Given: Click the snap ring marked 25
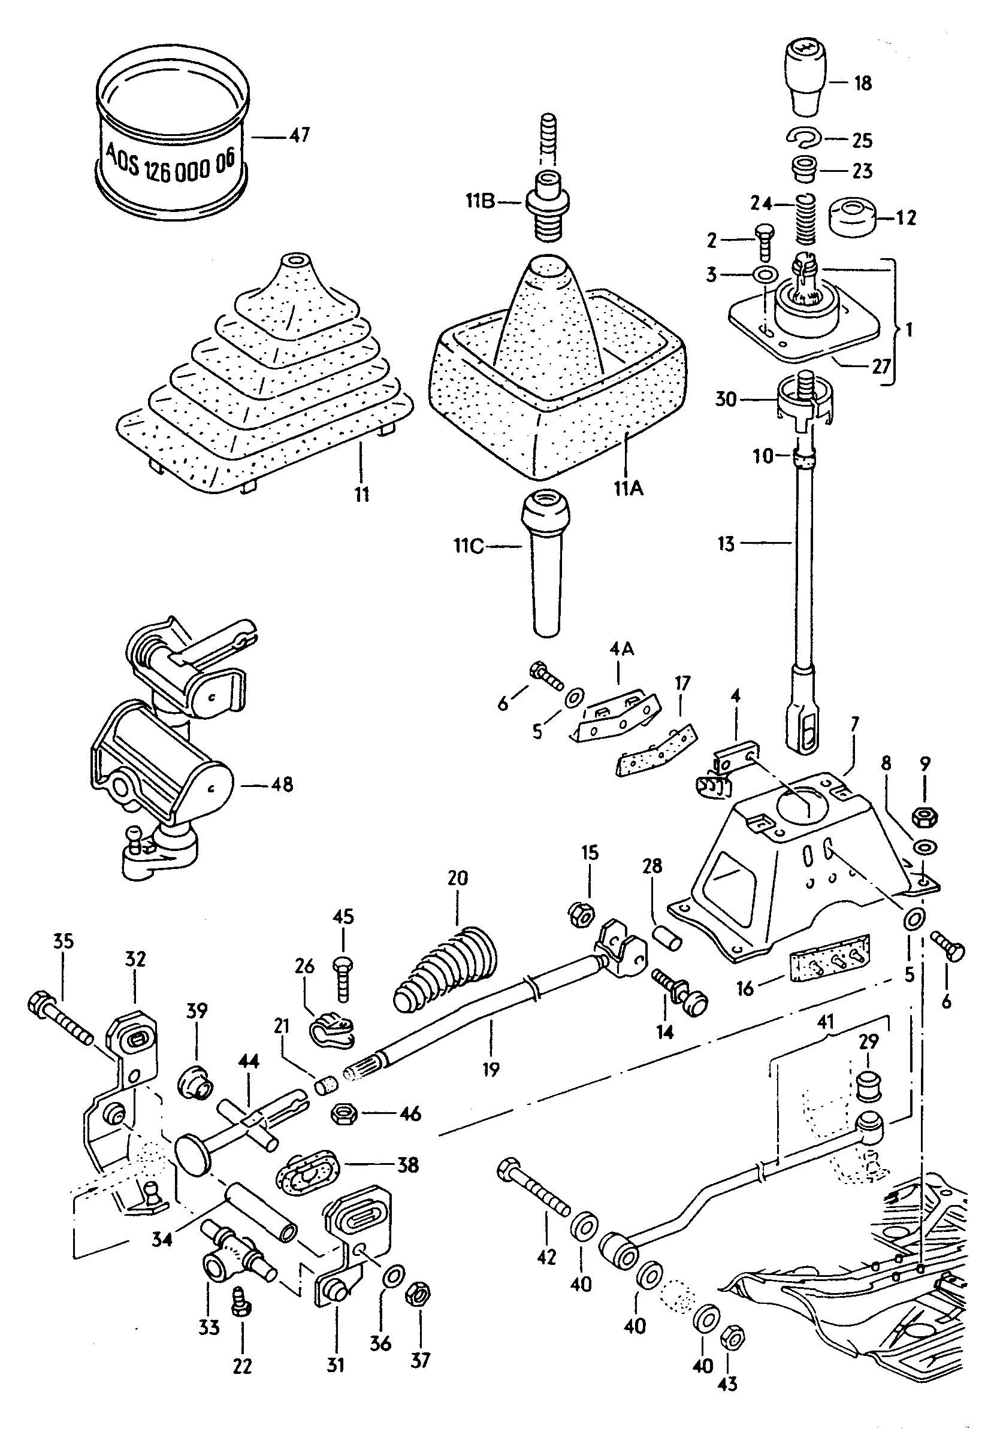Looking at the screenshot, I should tap(804, 138).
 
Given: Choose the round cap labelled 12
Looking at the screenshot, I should tap(851, 217).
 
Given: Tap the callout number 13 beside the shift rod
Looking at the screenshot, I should tap(726, 544).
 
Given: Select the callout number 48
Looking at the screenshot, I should tap(282, 784).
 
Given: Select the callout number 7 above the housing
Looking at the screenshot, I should tap(854, 724).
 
